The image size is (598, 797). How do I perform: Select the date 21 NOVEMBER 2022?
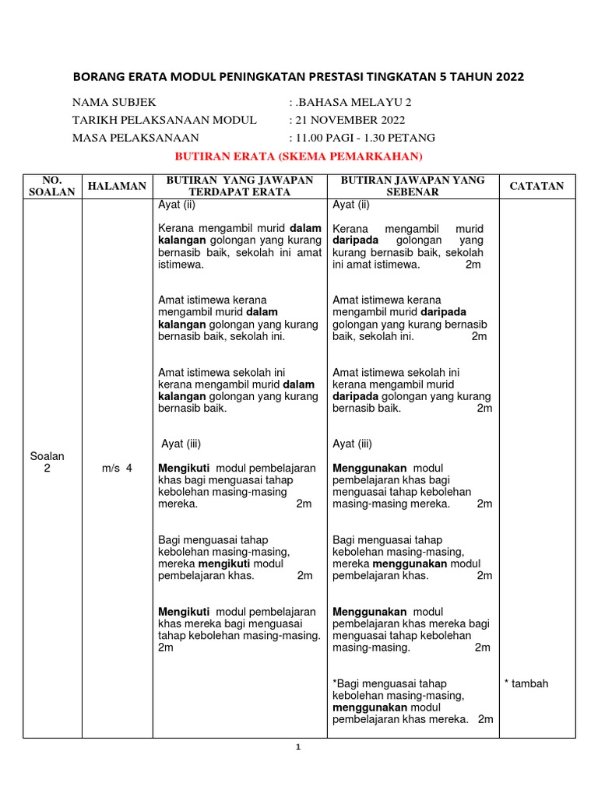pos(350,120)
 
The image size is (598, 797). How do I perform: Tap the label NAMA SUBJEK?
pos(114,102)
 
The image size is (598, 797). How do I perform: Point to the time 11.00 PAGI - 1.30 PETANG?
pos(364,138)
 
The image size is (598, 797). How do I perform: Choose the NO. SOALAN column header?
pos(51,186)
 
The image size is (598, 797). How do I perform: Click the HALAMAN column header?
pos(117,186)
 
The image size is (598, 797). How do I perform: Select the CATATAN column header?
pos(537,186)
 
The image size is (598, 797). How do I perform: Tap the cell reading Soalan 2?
pos(47,462)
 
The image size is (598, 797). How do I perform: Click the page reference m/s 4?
pos(118,468)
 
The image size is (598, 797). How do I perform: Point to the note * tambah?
pos(526,683)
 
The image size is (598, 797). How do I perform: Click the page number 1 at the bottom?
pos(297,747)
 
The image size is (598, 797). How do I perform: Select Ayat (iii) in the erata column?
pos(181,444)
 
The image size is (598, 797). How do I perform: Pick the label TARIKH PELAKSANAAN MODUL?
pos(164,120)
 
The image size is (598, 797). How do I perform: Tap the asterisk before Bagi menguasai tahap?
pos(335,683)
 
